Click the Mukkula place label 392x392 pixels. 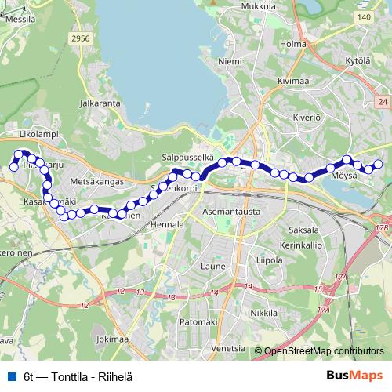click(x=260, y=6)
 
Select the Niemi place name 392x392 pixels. click(x=230, y=60)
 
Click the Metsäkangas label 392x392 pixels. click(x=97, y=181)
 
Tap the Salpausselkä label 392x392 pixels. click(x=187, y=158)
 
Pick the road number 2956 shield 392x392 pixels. click(x=80, y=38)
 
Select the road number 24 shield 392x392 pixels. click(x=383, y=102)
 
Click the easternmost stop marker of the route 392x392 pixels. click(x=379, y=164)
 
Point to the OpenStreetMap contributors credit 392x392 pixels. click(x=324, y=350)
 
